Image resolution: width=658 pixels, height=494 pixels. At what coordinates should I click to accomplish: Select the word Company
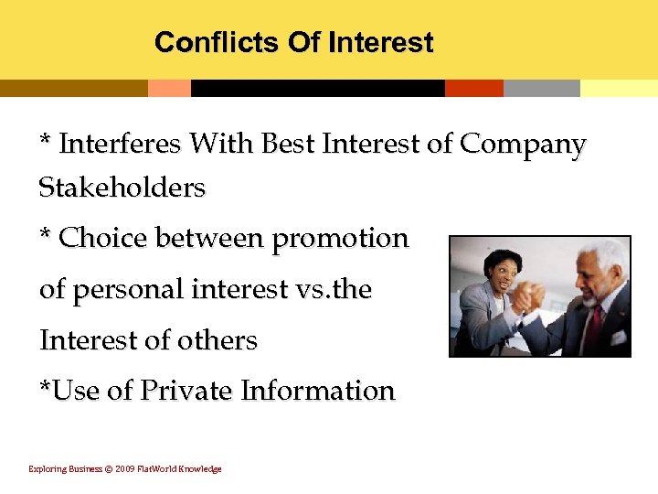523,145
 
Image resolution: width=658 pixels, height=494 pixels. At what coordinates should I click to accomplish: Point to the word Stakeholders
122,188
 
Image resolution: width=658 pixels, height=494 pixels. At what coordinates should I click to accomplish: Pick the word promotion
340,240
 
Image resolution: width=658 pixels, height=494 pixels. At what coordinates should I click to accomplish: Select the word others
219,340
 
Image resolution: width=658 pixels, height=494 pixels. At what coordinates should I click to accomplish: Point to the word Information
317,391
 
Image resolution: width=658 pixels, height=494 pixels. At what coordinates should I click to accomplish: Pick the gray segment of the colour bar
541,88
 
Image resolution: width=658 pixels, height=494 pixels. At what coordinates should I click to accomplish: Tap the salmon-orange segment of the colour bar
169,88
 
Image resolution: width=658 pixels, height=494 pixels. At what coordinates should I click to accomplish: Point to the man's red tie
595,325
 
